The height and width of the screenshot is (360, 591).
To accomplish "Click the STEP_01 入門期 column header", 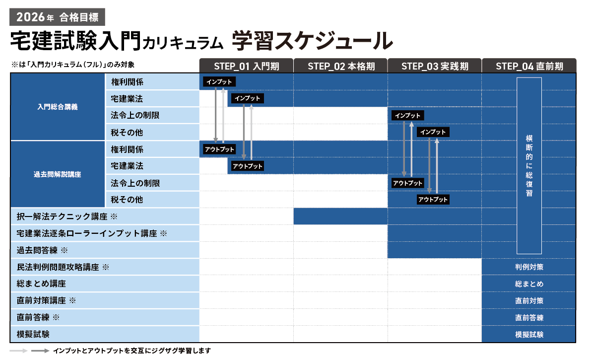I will [x=246, y=66].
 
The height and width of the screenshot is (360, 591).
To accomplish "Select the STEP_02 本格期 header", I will [x=340, y=66].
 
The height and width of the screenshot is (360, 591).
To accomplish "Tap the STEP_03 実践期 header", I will [x=435, y=66].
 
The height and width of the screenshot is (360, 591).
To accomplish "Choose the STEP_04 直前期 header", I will [x=529, y=66].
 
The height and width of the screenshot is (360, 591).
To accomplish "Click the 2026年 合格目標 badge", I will [x=57, y=17].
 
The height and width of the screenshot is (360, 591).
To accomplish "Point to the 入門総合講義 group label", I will [x=58, y=107].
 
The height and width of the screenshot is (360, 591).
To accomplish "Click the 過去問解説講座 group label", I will [x=58, y=174].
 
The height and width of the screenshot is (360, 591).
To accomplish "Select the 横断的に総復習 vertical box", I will [x=529, y=165].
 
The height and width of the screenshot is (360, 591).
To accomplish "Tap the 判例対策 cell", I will [x=529, y=267].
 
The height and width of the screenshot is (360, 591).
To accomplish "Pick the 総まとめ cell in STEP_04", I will [x=529, y=284].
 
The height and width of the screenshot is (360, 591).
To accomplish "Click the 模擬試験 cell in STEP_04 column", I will [x=529, y=335].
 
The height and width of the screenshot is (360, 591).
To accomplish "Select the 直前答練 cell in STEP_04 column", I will [x=529, y=318].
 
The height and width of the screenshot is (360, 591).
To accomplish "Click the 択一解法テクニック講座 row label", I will [x=66, y=216].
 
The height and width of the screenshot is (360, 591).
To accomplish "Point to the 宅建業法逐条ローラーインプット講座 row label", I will [x=91, y=233].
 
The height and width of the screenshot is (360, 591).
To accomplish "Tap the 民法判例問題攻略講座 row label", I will [x=62, y=267].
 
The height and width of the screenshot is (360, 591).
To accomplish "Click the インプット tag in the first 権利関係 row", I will [x=219, y=81].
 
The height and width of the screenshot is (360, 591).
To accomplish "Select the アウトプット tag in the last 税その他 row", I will [x=433, y=200].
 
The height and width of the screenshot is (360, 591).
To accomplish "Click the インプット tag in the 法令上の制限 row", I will [x=408, y=115].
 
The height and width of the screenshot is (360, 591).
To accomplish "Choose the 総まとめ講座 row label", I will [x=41, y=284].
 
